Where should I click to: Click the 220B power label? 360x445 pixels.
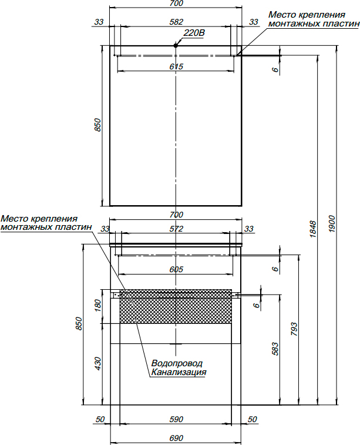point(194,33)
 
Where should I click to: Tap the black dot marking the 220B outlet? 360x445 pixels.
point(176,45)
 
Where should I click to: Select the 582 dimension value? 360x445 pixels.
point(176,22)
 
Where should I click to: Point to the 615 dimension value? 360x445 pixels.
point(176,66)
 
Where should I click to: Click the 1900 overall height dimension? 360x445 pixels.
point(332,224)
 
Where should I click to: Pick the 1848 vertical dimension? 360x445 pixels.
point(312,229)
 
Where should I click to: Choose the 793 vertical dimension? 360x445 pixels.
point(294,330)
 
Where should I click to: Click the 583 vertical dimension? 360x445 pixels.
point(275,349)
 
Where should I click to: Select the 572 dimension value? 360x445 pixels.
point(176,229)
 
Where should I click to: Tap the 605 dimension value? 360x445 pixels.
point(176,269)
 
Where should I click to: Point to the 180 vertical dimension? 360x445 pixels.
point(97,305)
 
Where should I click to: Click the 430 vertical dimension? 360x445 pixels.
point(97,363)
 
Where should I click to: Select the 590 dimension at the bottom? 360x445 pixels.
point(176,419)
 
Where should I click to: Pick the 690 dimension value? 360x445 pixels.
point(176,438)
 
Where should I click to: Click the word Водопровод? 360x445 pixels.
point(177,363)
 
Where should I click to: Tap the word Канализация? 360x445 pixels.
point(179,372)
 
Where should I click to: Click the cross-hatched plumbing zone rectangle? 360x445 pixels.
point(176,306)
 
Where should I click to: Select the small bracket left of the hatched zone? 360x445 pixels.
point(115,295)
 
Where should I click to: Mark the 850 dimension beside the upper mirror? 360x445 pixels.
point(97,125)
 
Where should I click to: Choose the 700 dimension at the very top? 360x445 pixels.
point(176,4)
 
